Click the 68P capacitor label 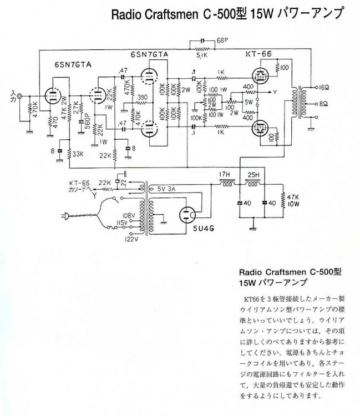[x=222, y=40]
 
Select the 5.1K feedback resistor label [x=201, y=54]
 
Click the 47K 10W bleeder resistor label [x=292, y=200]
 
